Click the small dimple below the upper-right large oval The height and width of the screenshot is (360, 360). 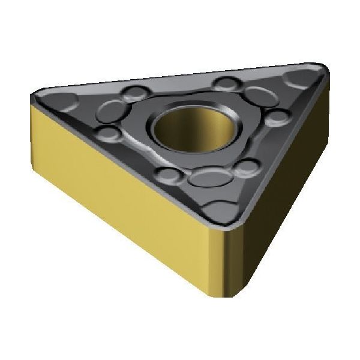(x=277, y=116)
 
